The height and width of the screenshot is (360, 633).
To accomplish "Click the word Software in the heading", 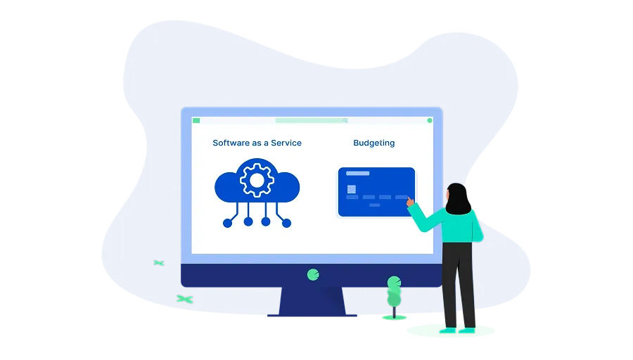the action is pyautogui.click(x=231, y=143).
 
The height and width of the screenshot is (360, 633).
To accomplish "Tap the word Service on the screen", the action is pyautogui.click(x=286, y=143).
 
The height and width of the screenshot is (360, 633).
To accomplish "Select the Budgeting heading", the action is pyautogui.click(x=374, y=143).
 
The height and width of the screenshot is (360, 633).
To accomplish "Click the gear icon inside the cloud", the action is pyautogui.click(x=257, y=181).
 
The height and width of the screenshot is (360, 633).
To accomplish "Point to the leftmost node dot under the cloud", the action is pyautogui.click(x=228, y=223).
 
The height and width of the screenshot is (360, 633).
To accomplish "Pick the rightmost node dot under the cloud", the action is pyautogui.click(x=286, y=223).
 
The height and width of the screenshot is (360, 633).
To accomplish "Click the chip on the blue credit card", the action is pyautogui.click(x=352, y=189).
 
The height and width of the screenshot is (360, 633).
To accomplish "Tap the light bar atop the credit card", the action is pyautogui.click(x=358, y=174).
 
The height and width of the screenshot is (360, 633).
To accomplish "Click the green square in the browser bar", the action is pyautogui.click(x=197, y=120).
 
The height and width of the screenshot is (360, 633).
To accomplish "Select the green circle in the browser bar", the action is pyautogui.click(x=430, y=120).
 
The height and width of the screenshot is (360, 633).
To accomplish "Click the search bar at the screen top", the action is pyautogui.click(x=312, y=120).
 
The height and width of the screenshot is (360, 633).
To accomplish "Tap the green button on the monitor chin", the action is pyautogui.click(x=313, y=275).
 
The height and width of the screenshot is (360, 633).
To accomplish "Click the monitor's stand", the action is pyautogui.click(x=312, y=302).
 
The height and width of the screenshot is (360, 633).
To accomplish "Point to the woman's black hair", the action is pyautogui.click(x=458, y=199).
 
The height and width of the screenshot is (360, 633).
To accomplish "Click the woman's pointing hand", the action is pyautogui.click(x=410, y=201).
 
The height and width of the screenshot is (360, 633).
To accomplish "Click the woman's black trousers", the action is pyautogui.click(x=459, y=285).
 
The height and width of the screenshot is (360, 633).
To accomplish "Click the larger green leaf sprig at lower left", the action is pyautogui.click(x=185, y=299).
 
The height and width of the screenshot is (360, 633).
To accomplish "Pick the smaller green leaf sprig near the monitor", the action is pyautogui.click(x=159, y=263).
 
